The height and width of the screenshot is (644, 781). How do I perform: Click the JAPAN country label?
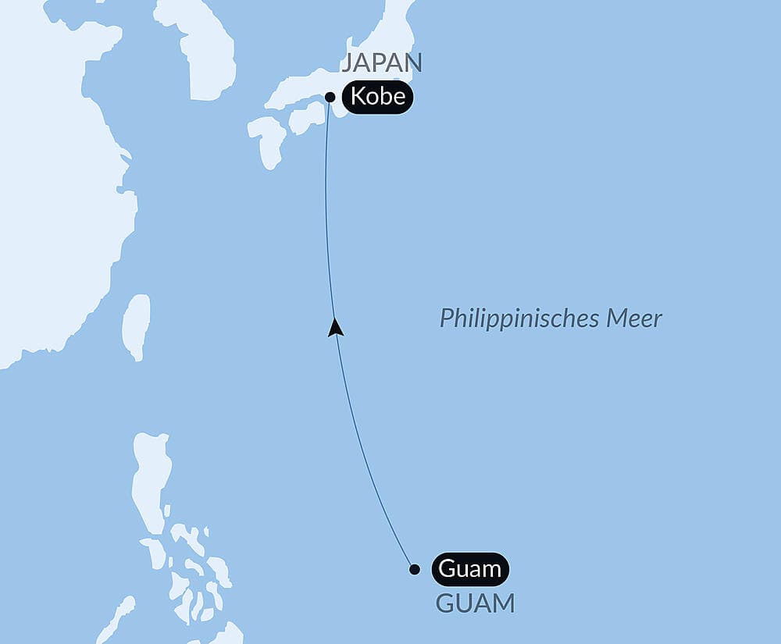coord(381,63)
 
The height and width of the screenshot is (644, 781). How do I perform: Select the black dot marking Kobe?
coord(330,98)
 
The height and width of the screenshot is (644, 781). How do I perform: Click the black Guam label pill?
coord(469,569)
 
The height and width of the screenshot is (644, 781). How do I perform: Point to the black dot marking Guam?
coord(415,569)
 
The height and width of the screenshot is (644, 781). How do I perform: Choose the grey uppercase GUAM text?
coord(475,603)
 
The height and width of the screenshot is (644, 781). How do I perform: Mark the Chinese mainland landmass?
coord(47,195)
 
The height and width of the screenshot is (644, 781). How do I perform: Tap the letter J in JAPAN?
coord(348,63)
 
